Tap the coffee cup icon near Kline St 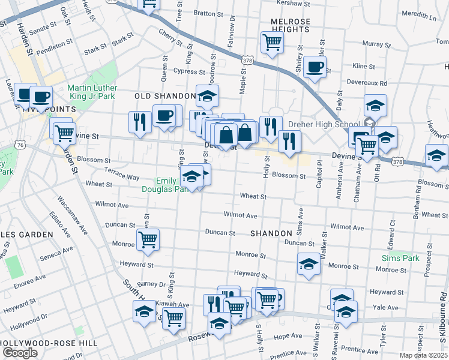click(x=314, y=67)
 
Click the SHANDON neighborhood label click(x=271, y=233)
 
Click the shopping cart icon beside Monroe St click(x=148, y=239)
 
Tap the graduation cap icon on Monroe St click(x=308, y=264)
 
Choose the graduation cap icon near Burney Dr click(x=144, y=312)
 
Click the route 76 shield click(x=21, y=145)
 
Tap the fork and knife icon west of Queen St click(x=139, y=122)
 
